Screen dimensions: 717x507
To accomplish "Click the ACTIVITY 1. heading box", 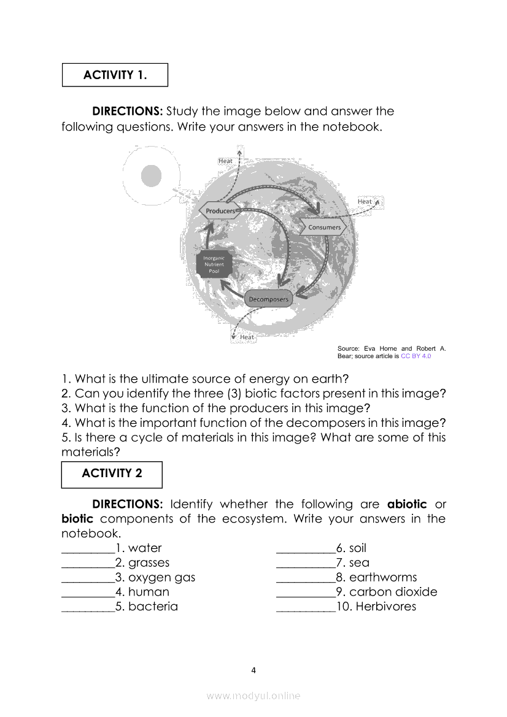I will point(115,75).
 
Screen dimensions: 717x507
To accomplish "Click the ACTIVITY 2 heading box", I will point(112,474).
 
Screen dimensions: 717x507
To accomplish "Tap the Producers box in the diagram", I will point(220,211).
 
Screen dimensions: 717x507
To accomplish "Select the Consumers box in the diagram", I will point(323,228).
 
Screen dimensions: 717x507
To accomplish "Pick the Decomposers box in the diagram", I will point(268,299).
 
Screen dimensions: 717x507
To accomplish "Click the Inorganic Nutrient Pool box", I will point(214,264).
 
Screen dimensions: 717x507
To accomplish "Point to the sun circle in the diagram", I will point(152,176).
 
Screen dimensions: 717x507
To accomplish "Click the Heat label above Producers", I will point(226,161).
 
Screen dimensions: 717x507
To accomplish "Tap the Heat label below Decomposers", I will point(247,337).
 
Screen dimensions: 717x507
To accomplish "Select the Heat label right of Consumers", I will point(365,201).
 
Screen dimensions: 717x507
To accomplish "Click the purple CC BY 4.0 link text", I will point(416,356).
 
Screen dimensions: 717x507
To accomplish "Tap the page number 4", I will point(253,670).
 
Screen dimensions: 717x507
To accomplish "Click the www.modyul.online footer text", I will point(253,696).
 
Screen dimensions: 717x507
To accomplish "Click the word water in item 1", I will point(145,548).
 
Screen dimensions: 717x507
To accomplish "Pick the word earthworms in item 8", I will point(383,578).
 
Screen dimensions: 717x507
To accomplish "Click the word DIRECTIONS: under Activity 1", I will point(127,112).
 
